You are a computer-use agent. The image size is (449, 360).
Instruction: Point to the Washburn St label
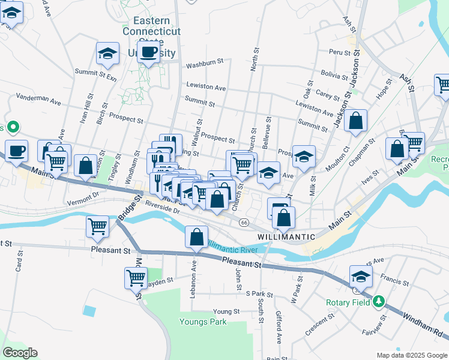204,62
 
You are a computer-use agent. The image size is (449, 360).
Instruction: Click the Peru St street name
339,53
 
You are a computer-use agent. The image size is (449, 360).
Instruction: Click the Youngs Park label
203,322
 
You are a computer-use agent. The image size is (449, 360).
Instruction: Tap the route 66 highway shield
243,223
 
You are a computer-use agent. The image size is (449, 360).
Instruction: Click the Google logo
20,353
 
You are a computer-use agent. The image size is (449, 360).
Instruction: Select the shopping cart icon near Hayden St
136,277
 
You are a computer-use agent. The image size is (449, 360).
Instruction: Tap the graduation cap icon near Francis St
361,276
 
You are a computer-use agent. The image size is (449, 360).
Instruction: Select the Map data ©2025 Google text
411,355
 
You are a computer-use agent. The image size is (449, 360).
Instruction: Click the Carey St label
328,95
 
